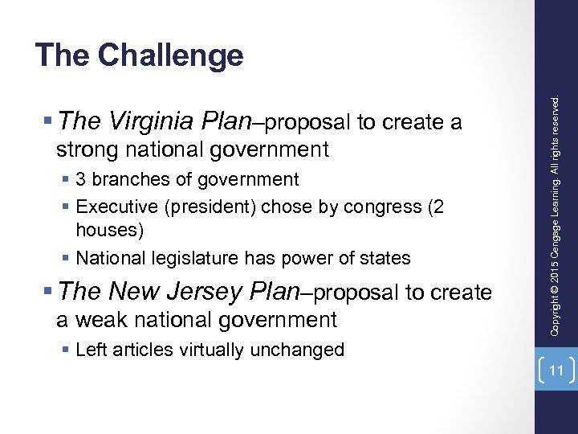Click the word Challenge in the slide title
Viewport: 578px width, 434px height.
coord(170,55)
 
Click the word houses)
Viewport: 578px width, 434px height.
coord(110,231)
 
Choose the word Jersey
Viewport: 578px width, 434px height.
coord(206,292)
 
